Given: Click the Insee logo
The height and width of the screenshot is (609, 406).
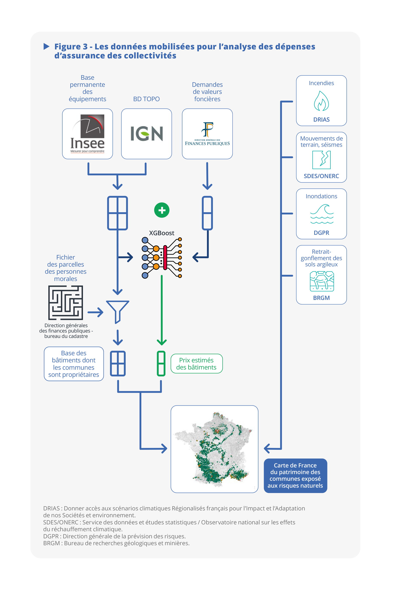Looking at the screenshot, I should coord(87,134).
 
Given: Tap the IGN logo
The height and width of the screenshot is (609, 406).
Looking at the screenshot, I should coord(147,134).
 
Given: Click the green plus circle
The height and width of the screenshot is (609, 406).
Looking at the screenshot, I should coord(162,210).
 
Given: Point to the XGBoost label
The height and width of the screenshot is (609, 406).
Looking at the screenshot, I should coord(162,233).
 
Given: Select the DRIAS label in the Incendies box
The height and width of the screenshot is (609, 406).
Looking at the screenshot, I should coord(321,120).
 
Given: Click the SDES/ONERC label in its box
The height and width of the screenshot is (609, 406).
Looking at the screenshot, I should coord(321,176).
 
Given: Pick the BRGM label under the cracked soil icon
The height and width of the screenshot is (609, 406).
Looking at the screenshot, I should coord(321,298).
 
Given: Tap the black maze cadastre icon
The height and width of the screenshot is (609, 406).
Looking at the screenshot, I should coord(66,302).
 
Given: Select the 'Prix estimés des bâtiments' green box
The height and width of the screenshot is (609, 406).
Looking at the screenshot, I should coord(197,363).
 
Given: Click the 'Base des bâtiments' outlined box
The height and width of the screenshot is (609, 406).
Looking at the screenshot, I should coord(74,364).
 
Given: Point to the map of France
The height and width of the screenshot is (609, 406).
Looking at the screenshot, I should coord(214,449).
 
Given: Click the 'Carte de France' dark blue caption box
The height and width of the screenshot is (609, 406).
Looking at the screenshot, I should coord(295,475).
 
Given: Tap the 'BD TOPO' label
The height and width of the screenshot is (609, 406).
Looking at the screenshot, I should coord(146,99).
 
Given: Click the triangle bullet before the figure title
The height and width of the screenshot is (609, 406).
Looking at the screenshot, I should coord(46,47).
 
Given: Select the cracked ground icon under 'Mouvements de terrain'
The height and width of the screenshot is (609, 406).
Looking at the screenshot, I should coord(321,160).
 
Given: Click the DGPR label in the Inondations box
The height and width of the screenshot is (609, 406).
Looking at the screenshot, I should coord(321,233).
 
